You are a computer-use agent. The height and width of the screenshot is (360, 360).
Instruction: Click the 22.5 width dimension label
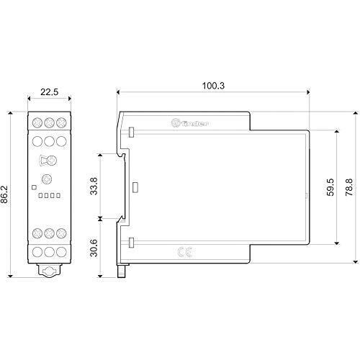(49, 91)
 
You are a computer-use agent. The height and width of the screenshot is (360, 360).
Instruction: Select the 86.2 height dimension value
(4, 194)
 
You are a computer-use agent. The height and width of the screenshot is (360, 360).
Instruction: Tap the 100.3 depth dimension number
(213, 86)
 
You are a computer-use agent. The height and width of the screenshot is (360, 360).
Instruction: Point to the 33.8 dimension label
(94, 186)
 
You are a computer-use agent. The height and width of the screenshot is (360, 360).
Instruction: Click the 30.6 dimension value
(94, 248)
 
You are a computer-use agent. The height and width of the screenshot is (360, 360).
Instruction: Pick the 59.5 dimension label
(330, 187)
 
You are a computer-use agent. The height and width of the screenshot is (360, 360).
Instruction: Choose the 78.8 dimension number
(349, 187)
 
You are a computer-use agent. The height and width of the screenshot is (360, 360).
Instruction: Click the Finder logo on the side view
(189, 123)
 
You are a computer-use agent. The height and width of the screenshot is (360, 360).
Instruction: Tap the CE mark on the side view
(185, 252)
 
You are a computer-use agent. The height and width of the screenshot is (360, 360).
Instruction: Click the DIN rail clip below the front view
(49, 271)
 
